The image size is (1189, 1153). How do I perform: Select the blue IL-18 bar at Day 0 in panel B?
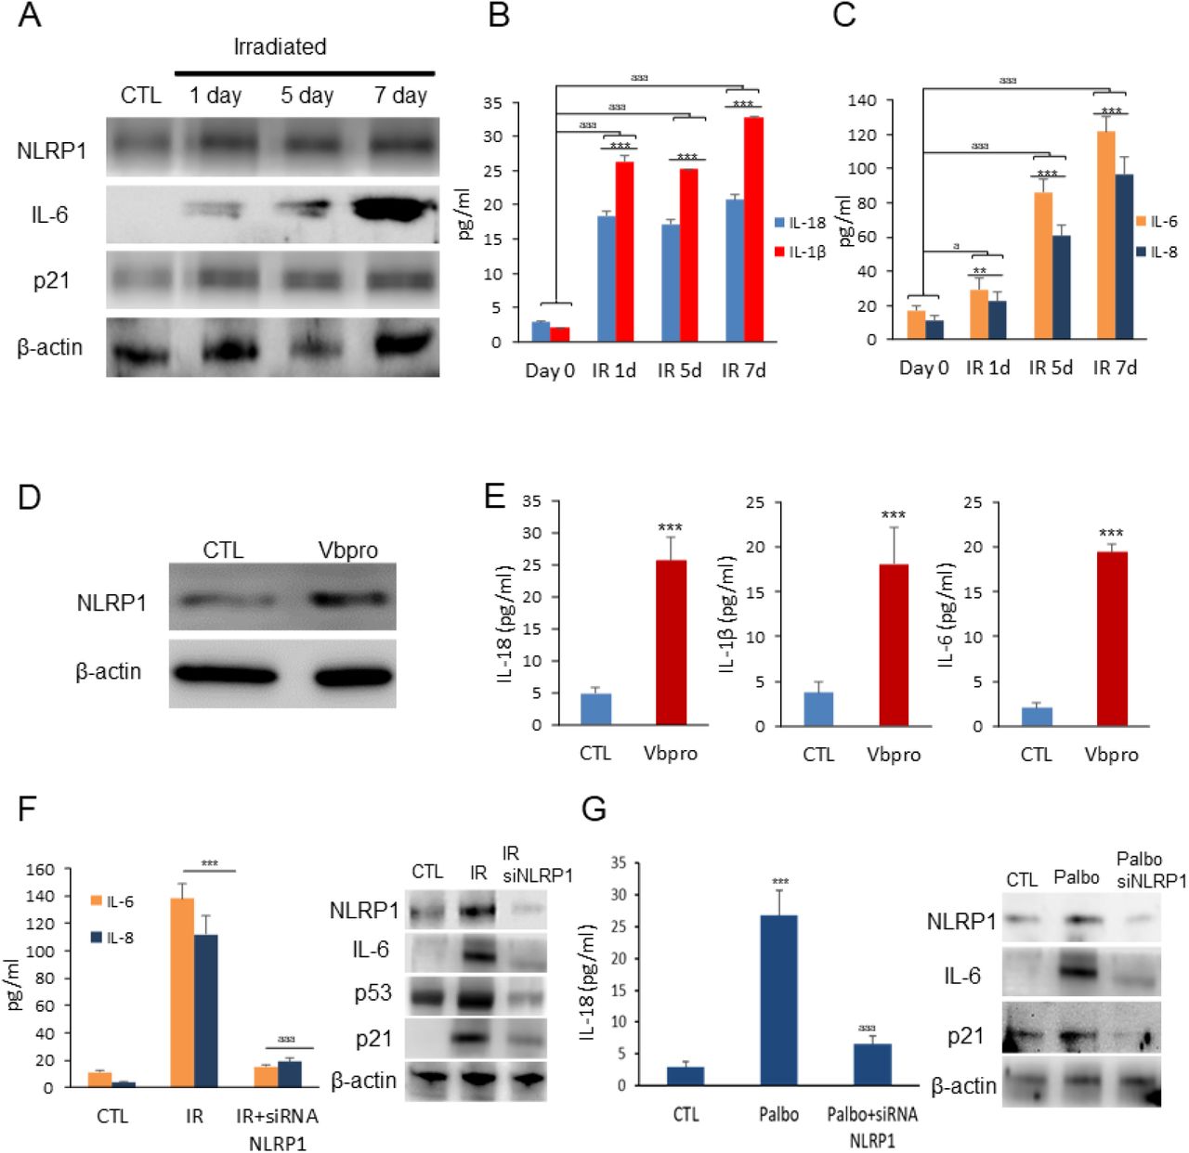541,331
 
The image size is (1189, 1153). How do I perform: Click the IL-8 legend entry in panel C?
1156,253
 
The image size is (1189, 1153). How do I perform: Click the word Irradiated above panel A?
280,46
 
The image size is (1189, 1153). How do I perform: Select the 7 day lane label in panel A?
400,96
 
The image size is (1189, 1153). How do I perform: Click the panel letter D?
30,498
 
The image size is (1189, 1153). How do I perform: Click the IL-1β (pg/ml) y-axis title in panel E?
727,614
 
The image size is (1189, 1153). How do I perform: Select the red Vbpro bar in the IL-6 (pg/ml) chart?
1112,639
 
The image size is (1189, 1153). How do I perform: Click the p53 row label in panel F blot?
372,993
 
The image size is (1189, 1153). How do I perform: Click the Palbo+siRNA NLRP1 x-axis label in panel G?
871,1126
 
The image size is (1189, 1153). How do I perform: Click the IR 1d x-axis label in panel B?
614,370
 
